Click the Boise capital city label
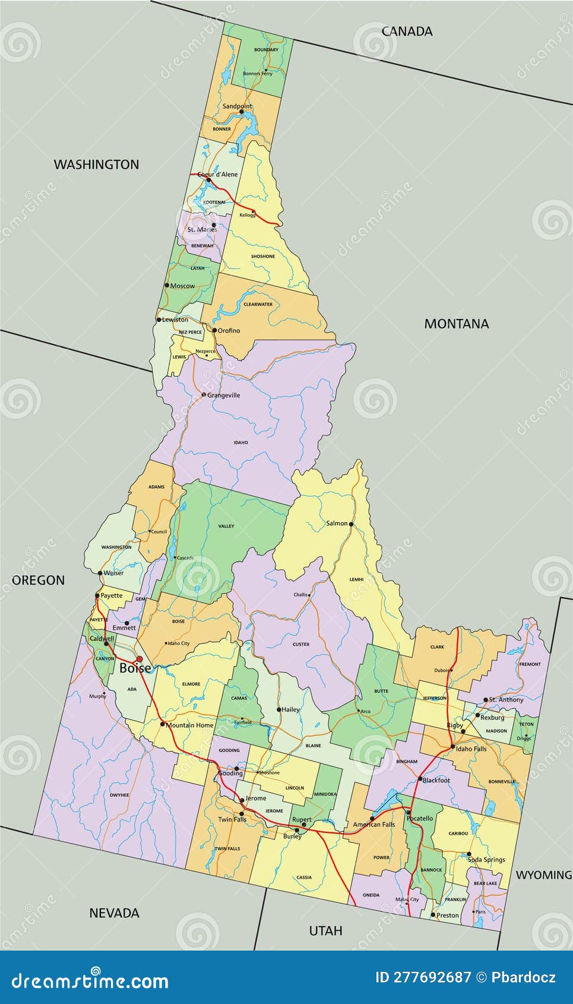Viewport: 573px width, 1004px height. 135,668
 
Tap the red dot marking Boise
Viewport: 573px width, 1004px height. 140,659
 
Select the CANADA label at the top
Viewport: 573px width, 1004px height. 407,31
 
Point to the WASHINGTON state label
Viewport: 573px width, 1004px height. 96,165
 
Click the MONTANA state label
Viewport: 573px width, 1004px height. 457,324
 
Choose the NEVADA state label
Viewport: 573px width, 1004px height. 114,913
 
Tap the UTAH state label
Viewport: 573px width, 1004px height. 325,930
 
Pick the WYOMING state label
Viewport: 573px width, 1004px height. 543,875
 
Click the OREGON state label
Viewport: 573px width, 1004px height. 39,580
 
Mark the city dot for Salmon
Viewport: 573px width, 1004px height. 352,524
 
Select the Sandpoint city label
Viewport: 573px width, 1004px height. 237,106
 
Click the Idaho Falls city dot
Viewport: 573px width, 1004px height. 452,746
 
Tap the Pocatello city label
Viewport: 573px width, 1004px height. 420,819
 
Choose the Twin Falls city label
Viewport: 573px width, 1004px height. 232,819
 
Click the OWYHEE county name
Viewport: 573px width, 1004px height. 119,795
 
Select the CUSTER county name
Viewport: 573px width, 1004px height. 301,644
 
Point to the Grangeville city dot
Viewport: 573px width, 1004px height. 204,394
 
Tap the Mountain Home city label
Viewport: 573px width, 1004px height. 189,725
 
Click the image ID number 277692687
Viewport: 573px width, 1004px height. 432,977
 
